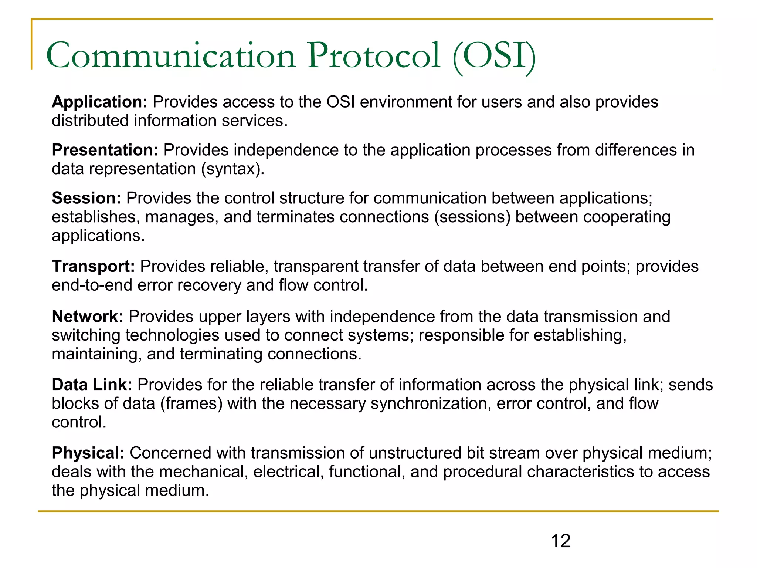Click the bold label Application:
pyautogui.click(x=99, y=102)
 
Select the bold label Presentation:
pyautogui.click(x=105, y=150)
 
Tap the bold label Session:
pyautogui.click(x=86, y=198)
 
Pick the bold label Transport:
pyautogui.click(x=93, y=267)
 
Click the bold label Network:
pyautogui.click(x=87, y=317)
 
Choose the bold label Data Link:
pyautogui.click(x=92, y=385)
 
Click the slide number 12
pyautogui.click(x=560, y=541)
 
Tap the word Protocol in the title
pyautogui.click(x=374, y=56)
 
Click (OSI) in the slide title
pyautogui.click(x=494, y=56)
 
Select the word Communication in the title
pyautogui.click(x=170, y=56)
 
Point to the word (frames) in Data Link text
pyautogui.click(x=191, y=403)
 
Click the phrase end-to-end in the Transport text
pyautogui.click(x=92, y=285)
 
